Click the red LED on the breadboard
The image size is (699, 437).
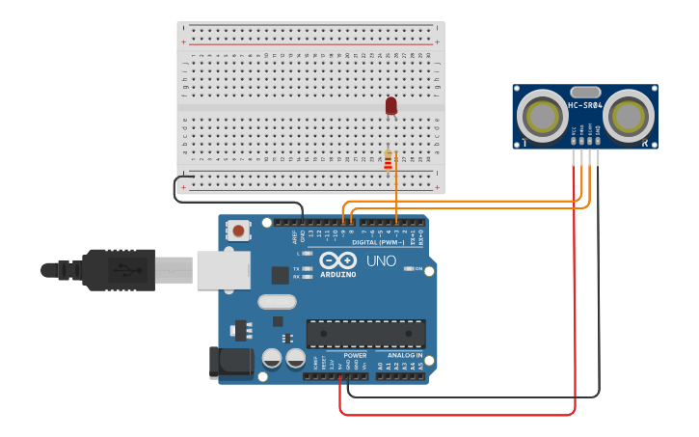[390, 105]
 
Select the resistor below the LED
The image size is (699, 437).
[389, 159]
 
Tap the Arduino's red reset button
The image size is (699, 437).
[237, 230]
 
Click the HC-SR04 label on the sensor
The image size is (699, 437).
[585, 105]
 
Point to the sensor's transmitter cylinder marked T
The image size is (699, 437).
[542, 117]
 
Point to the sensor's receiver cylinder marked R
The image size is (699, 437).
[630, 117]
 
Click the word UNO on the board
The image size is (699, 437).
[381, 260]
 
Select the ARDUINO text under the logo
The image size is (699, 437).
[337, 274]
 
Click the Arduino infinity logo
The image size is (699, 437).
[337, 260]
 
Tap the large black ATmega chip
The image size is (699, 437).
[365, 334]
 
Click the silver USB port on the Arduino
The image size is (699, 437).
[223, 270]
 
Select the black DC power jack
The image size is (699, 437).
[231, 363]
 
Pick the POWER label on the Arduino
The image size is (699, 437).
[355, 355]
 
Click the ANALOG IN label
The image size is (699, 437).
[405, 355]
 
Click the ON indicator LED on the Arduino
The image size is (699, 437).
[408, 268]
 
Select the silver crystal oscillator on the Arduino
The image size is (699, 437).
[277, 301]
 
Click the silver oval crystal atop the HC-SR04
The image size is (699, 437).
[585, 93]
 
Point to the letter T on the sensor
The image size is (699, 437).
[525, 142]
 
